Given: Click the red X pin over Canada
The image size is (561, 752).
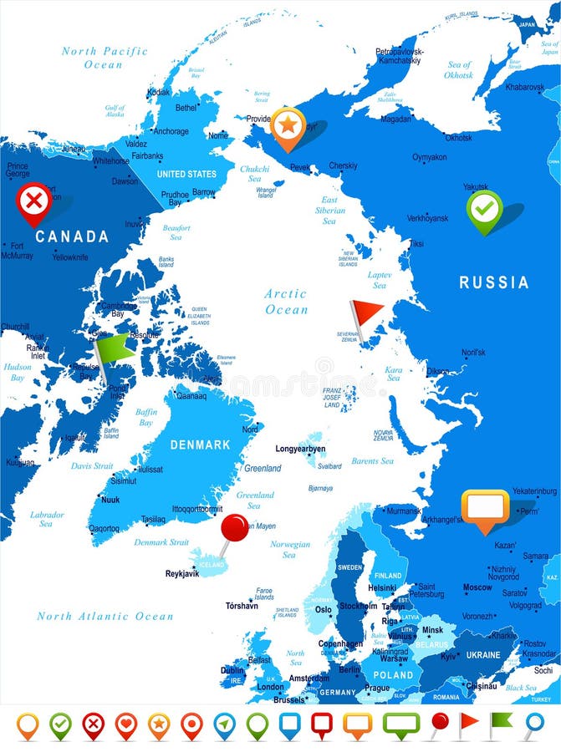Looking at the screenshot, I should tap(33, 201).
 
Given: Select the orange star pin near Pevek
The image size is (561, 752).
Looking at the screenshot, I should tap(288, 125).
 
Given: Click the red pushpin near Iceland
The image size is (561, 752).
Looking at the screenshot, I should tap(235, 527).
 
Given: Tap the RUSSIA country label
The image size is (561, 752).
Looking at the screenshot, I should tap(494, 282).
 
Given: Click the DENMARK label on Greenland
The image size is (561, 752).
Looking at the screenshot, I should tap(200, 445).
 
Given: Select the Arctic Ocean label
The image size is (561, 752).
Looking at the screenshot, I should tap(286, 302).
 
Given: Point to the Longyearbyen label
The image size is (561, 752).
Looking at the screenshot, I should tap(300, 449).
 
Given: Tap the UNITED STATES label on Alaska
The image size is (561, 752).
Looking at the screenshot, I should tap(186, 175).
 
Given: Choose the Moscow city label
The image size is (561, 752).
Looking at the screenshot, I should tap(477, 587).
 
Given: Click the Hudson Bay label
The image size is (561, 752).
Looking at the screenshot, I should tap(18, 372).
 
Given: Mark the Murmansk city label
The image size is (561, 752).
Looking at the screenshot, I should tap(404, 511).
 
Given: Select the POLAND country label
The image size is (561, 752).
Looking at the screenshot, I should tap(394, 674).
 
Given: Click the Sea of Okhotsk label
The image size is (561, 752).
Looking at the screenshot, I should tap(459, 69).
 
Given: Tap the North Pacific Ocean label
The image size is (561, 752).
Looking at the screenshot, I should tap(104, 58).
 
